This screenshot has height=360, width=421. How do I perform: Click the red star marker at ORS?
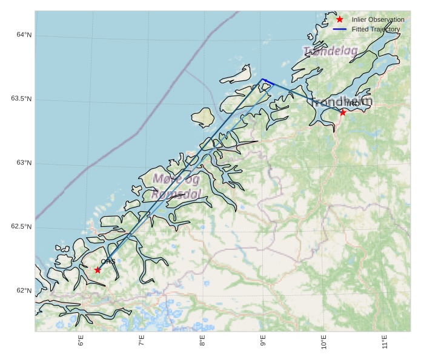click(x=98, y=269)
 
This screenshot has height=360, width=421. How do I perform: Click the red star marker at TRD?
click(x=343, y=112)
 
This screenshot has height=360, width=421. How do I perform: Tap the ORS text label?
click(x=108, y=261)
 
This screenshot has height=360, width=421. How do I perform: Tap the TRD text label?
click(x=352, y=104)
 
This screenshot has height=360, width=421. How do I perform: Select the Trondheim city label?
click(x=342, y=102)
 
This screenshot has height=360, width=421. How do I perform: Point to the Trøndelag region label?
click(x=330, y=51)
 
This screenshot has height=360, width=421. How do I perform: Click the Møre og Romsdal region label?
click(x=176, y=186)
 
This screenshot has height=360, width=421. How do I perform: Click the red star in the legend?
click(x=340, y=19)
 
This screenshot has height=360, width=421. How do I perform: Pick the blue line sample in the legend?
click(x=340, y=29)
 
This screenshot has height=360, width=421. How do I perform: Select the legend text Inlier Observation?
click(x=378, y=19)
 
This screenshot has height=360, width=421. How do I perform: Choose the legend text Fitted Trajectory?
click(x=376, y=29)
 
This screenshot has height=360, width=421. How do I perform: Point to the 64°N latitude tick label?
click(x=24, y=35)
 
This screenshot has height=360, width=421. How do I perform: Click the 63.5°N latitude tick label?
click(x=21, y=99)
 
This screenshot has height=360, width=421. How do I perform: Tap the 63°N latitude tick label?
click(x=24, y=163)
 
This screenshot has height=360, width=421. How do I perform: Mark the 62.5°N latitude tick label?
click(x=21, y=227)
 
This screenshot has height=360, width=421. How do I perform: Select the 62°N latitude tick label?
click(x=24, y=290)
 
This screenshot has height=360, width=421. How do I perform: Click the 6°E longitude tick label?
click(x=81, y=342)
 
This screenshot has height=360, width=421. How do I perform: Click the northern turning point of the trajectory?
click(x=262, y=79)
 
